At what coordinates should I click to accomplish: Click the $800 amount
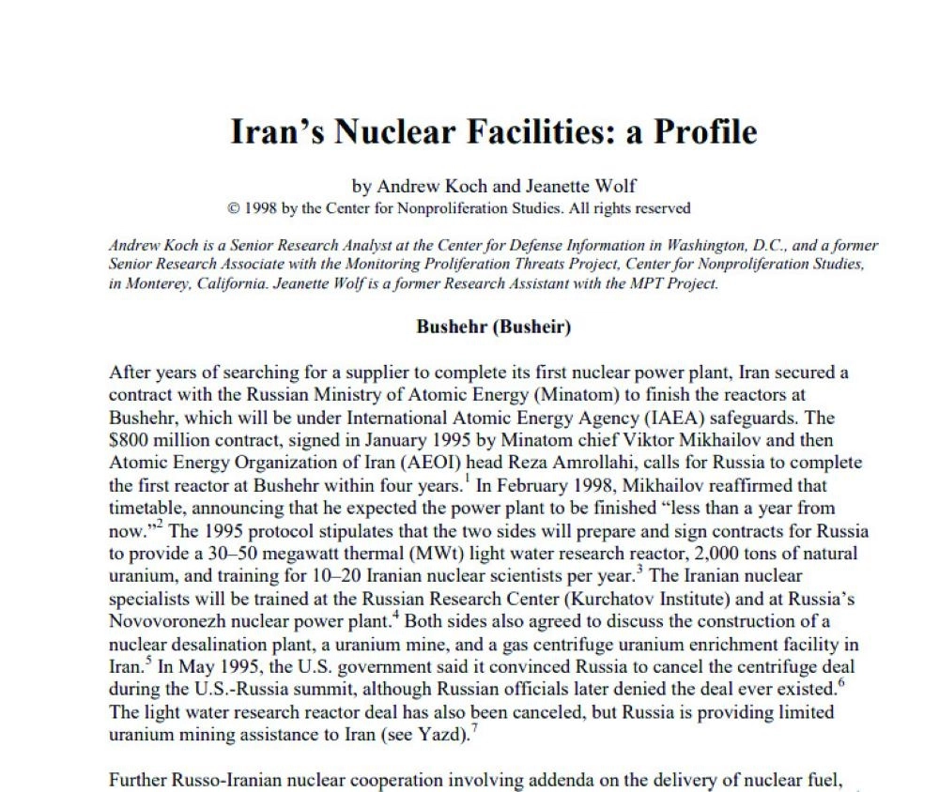130,440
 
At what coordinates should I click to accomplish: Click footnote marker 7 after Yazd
470,729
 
